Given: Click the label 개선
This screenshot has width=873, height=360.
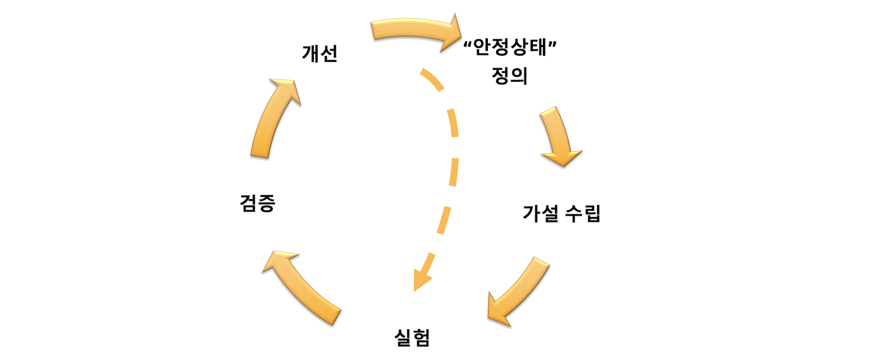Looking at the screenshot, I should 320,54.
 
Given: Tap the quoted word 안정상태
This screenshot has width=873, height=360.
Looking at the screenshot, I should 510,47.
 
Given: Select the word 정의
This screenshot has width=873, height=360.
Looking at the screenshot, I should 509,75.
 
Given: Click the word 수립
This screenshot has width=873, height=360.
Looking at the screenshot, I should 582,213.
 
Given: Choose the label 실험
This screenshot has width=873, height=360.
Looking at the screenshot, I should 412,338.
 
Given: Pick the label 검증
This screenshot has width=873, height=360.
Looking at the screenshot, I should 257,203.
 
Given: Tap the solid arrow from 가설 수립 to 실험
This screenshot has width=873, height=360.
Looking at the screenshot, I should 518,291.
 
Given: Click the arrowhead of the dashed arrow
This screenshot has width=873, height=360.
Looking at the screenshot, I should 420,279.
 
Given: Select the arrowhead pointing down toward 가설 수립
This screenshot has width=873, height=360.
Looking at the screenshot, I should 562,157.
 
